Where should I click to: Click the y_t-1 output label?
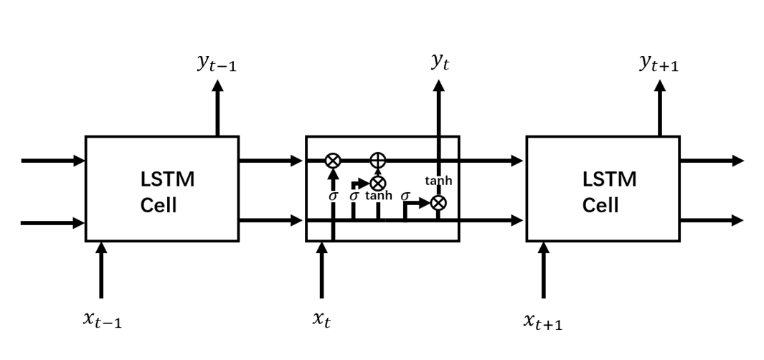pos(217,63)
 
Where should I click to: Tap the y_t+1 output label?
pos(659,63)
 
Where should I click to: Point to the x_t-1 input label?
pos(102,319)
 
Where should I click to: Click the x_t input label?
pos(321,318)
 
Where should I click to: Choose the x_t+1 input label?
pos(542,321)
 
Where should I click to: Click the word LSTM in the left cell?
pos(167,179)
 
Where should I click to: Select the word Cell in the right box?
pos(600,206)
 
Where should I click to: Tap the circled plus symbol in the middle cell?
pos(377,160)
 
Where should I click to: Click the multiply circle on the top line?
pos(333,160)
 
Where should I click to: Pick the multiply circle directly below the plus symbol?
pos(377,184)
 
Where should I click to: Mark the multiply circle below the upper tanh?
pos(438,203)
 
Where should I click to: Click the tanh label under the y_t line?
pos(438,181)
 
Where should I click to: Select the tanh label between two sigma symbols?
pos(379,196)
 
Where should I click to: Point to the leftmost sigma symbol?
pos(333,196)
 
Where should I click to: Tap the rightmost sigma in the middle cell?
pos(405,196)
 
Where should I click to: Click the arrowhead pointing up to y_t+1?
pos(659,86)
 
